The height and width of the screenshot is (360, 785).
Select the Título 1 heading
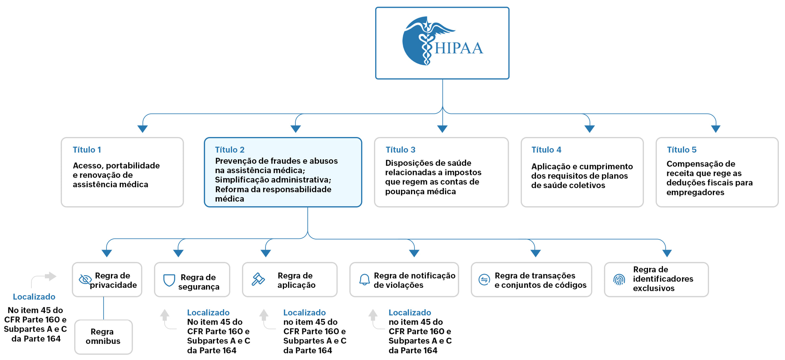pos(87,150)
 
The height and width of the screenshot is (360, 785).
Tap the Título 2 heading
pos(229,150)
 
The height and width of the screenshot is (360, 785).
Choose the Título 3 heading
pos(400,150)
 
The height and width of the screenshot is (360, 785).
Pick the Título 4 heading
pos(546,150)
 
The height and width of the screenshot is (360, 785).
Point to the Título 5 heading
pos(681,150)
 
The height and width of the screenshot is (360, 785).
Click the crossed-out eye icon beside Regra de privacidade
pos(85,279)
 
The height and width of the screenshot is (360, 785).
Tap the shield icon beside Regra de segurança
pos(169,280)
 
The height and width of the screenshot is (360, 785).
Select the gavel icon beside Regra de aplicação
pos(258,279)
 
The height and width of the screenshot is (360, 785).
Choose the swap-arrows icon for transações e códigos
pos(484,279)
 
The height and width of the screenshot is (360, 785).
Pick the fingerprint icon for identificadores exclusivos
pos(619,279)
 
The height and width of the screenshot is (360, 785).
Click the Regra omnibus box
pos(103,337)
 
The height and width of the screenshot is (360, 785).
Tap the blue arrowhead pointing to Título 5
pos(716,129)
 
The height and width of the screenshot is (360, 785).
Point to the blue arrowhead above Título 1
pos(143,129)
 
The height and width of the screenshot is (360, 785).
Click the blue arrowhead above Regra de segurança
pos(178,253)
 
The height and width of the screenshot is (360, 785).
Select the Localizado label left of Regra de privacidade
pos(34,297)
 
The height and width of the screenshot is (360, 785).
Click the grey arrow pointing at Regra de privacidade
pos(50,276)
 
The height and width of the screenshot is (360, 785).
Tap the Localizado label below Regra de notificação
pos(409,312)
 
